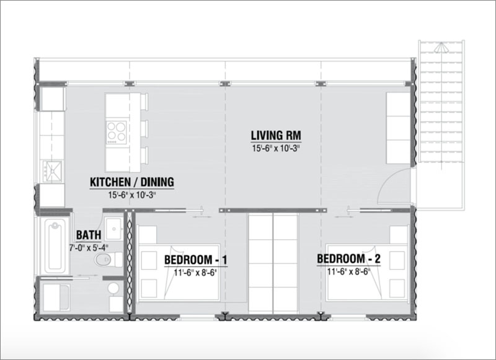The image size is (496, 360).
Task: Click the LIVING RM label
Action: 276,135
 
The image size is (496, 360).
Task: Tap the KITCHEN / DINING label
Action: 132,182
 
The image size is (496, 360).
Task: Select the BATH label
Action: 89,235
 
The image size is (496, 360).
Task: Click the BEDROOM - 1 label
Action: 195,260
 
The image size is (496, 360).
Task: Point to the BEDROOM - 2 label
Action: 348,259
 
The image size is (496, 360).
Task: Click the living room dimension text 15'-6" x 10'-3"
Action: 276,148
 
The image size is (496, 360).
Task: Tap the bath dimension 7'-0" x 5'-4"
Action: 89,247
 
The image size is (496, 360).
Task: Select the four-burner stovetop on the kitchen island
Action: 116,133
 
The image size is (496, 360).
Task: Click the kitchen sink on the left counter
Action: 53,171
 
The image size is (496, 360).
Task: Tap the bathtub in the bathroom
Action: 55,245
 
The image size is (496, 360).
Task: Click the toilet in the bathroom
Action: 108,260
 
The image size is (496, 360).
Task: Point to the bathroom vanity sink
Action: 113,229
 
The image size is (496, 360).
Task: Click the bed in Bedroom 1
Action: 179,272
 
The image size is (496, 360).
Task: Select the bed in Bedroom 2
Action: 367,272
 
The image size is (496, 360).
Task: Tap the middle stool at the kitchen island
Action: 144,129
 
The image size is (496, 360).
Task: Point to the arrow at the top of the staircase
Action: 441,48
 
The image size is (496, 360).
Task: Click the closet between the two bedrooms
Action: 273,263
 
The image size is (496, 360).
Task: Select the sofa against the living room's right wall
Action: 399,128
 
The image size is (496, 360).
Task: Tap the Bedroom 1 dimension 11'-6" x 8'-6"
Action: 195,273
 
